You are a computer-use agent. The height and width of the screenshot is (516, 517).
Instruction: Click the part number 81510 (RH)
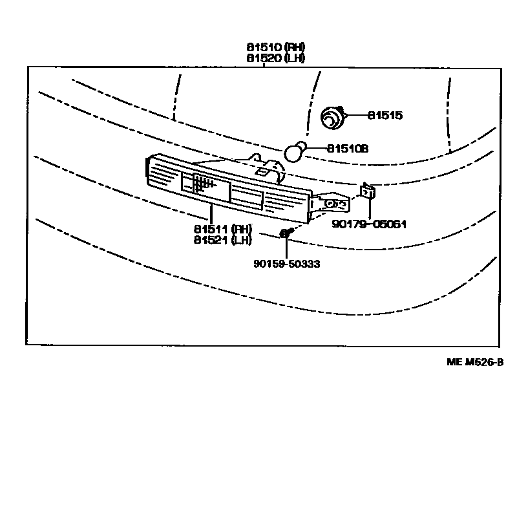click(275, 47)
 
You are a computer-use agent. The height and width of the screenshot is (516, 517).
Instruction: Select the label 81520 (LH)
click(275, 58)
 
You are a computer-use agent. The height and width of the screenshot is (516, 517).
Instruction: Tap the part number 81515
click(385, 116)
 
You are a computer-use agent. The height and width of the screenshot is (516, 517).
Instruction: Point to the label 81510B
click(348, 149)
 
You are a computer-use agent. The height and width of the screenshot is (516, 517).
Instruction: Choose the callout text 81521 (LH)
click(221, 240)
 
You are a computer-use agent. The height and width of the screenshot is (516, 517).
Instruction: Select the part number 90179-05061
click(369, 224)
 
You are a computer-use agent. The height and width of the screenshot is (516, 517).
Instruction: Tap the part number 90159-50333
click(286, 263)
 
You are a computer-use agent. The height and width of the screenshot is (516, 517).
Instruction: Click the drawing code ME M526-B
click(475, 362)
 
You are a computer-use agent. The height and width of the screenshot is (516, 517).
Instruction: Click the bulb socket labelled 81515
click(333, 118)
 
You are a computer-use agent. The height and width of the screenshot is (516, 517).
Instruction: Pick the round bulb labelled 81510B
click(295, 152)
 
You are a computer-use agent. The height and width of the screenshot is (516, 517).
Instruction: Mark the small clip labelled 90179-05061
click(368, 191)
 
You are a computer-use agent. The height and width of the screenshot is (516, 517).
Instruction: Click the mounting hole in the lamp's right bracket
click(330, 204)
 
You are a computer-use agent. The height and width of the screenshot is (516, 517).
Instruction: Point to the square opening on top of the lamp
click(264, 171)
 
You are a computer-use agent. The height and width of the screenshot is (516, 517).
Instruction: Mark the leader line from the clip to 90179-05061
click(370, 208)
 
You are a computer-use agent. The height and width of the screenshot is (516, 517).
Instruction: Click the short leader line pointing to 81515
click(357, 116)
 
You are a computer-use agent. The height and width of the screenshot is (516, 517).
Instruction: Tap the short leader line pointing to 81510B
click(315, 149)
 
